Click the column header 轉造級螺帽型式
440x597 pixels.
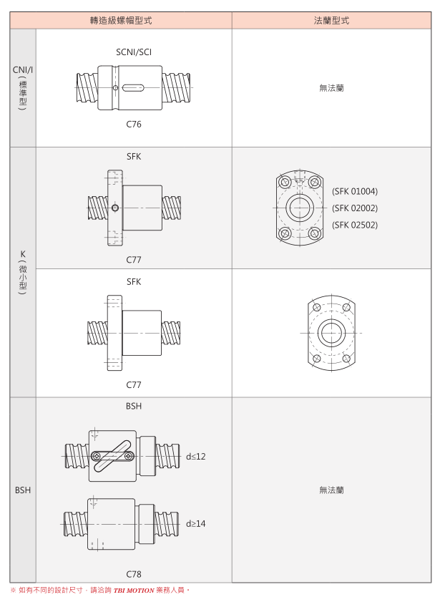coord(121,20)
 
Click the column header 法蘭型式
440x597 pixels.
coord(331,20)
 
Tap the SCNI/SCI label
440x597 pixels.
coord(134,52)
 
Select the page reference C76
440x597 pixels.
coord(134,124)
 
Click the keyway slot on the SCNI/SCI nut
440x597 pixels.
coord(133,88)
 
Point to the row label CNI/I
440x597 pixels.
coord(22,69)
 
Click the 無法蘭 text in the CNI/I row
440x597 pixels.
coord(331,88)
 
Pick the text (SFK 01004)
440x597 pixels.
coord(355,191)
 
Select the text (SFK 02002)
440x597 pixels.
coord(355,208)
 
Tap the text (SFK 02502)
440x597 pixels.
coord(355,225)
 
